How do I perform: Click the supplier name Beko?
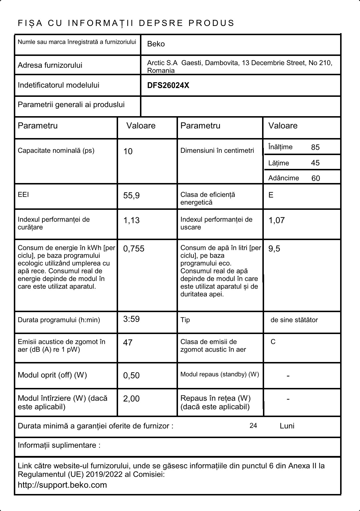pyautogui.click(x=156, y=44)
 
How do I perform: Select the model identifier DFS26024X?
pyautogui.click(x=168, y=86)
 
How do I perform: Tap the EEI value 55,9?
pyautogui.click(x=131, y=196)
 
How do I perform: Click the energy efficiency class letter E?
pyautogui.click(x=271, y=195)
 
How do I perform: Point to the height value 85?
pyautogui.click(x=315, y=147)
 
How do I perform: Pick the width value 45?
pyautogui.click(x=315, y=163)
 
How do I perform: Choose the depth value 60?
pyautogui.click(x=316, y=178)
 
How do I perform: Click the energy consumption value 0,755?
pyautogui.click(x=134, y=249)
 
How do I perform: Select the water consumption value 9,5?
pyautogui.click(x=274, y=249)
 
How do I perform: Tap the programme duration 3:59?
pyautogui.click(x=131, y=319)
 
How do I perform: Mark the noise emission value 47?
pyautogui.click(x=128, y=343)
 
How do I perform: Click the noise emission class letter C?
pyautogui.click(x=273, y=342)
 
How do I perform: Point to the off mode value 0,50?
pyautogui.click(x=131, y=376)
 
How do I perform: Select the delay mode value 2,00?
pyautogui.click(x=131, y=399)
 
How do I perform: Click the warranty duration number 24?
pyautogui.click(x=253, y=426)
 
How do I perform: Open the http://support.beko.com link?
pyautogui.click(x=62, y=485)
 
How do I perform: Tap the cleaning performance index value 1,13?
pyautogui.click(x=131, y=220)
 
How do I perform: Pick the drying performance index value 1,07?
pyautogui.click(x=276, y=220)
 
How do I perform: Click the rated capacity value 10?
pyautogui.click(x=128, y=151)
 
